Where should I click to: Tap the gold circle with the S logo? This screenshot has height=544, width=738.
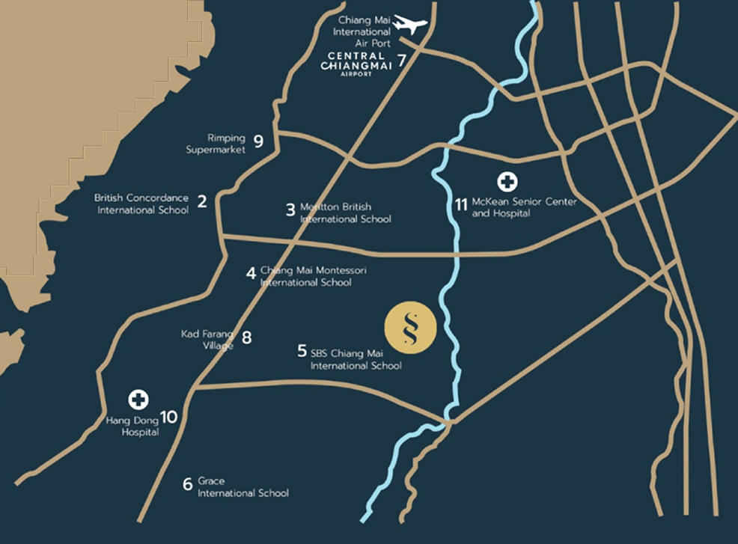tap(409, 328)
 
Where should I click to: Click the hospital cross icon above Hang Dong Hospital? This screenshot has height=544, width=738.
tap(138, 399)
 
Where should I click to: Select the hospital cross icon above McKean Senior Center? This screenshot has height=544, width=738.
tap(507, 181)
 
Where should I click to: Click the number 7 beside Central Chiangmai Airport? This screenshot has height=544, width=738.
tap(402, 61)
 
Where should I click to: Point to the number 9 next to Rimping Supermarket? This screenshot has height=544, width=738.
tap(258, 140)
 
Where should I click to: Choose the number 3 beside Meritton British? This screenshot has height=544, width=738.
tap(290, 210)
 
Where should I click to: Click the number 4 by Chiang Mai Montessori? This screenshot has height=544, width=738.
tap(251, 272)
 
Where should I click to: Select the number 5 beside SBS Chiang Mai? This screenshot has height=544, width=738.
tap(302, 349)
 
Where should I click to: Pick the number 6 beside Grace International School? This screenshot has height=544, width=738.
tap(187, 483)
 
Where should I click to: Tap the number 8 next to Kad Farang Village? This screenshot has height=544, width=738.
tap(246, 337)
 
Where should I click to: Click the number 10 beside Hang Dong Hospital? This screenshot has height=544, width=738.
tap(169, 417)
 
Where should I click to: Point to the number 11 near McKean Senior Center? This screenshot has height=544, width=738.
tap(460, 204)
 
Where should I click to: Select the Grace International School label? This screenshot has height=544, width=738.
tap(243, 487)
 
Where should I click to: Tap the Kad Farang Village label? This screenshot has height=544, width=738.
tap(207, 339)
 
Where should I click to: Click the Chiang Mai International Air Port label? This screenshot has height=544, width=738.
tap(365, 31)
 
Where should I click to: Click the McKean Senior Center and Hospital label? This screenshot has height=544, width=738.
tap(523, 207)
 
